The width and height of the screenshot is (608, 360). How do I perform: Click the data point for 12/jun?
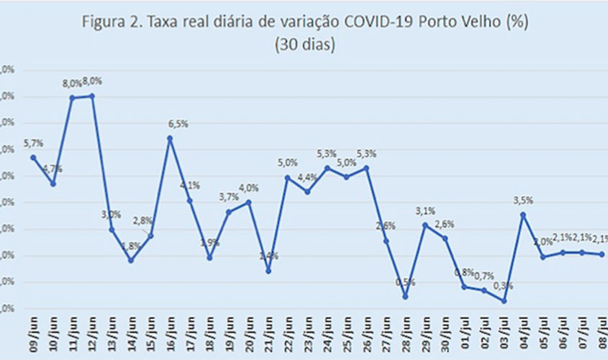[x=92, y=96]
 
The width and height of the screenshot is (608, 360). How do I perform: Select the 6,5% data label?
[x=178, y=124]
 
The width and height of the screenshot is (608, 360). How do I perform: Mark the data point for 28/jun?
[x=406, y=296]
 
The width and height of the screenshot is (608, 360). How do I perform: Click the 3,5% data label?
[x=523, y=201]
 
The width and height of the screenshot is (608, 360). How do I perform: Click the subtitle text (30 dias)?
[x=304, y=45]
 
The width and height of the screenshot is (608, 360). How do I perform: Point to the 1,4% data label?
[x=268, y=256]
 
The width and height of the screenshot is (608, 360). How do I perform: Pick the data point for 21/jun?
[x=268, y=271]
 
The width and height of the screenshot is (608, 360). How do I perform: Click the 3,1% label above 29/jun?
[x=426, y=210]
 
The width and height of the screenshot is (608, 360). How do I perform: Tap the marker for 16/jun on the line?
[x=171, y=138]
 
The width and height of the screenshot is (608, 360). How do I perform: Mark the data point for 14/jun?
[x=131, y=260]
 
